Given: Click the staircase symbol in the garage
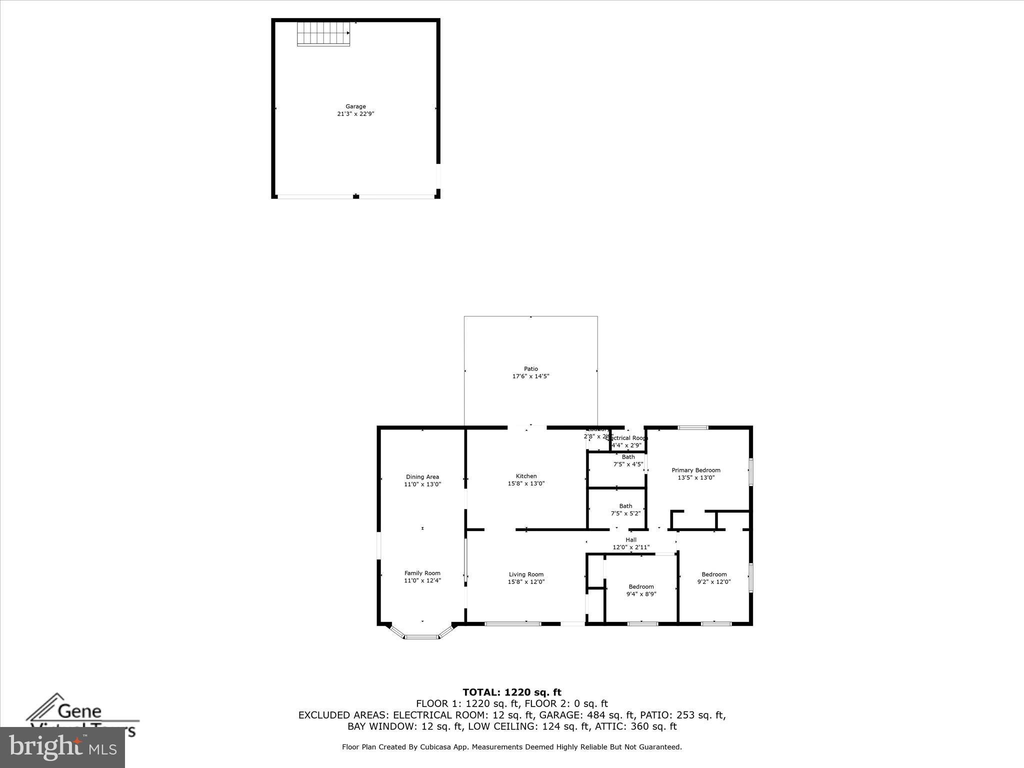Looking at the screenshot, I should (323, 33).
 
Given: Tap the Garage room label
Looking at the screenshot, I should (355, 106).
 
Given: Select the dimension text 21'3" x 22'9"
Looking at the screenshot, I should (355, 114).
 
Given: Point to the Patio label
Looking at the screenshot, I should (531, 369).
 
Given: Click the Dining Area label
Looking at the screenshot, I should (422, 477).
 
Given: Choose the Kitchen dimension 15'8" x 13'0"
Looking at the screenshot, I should (526, 483).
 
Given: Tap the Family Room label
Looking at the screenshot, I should (422, 573).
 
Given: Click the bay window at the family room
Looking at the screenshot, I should (422, 636).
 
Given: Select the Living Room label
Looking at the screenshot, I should (526, 574).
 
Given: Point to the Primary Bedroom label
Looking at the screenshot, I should (696, 470).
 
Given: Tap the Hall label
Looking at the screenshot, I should (631, 540).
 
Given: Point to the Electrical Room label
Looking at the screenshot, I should (628, 438).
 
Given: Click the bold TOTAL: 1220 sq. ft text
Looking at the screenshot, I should (512, 692).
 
